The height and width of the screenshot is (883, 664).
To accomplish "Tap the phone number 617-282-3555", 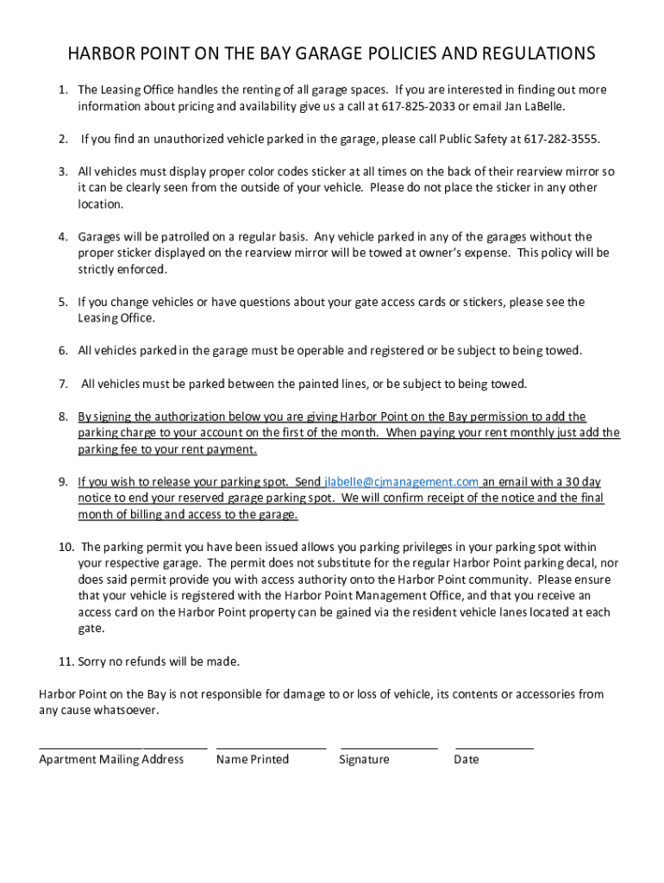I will click(x=561, y=139).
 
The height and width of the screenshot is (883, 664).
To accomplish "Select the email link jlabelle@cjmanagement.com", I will click(x=401, y=482).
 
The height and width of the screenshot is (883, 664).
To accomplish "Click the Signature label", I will click(x=364, y=760).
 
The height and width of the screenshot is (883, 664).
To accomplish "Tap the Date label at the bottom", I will click(x=467, y=760).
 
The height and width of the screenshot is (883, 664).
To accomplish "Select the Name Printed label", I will click(x=253, y=760).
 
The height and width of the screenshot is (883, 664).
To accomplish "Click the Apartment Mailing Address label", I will click(x=111, y=760).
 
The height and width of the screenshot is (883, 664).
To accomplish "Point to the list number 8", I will click(x=63, y=416).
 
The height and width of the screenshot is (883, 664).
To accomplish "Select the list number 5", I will click(x=63, y=302).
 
